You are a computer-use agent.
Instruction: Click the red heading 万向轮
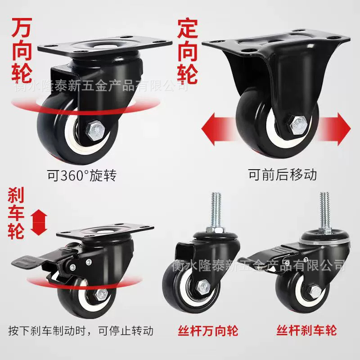[x=22, y=50]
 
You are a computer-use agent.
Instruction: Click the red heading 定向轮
[x=187, y=51]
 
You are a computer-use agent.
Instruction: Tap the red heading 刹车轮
[x=16, y=213]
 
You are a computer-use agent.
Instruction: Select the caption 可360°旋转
[x=82, y=175]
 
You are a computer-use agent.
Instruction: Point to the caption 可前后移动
[x=283, y=175]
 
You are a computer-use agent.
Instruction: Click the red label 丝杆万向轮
[x=208, y=331]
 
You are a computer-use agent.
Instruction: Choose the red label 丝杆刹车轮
[x=307, y=331]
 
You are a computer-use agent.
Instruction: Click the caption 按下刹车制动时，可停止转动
[x=81, y=331]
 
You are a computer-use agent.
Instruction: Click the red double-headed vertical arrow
[x=40, y=222]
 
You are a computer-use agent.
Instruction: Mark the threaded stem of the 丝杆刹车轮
[x=325, y=210]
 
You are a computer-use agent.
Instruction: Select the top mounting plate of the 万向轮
[x=105, y=45]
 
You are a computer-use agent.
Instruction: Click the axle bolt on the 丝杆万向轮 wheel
[x=203, y=288]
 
